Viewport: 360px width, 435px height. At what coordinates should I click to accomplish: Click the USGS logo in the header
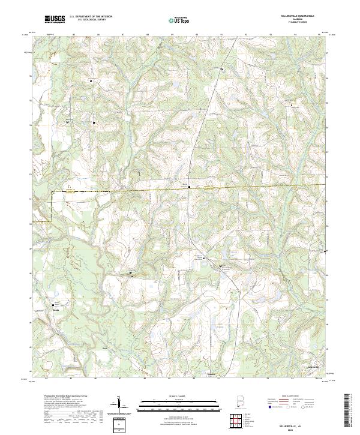pyautogui.click(x=55, y=19)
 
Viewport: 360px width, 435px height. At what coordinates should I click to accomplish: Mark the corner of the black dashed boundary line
pyautogui.click(x=52, y=192)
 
